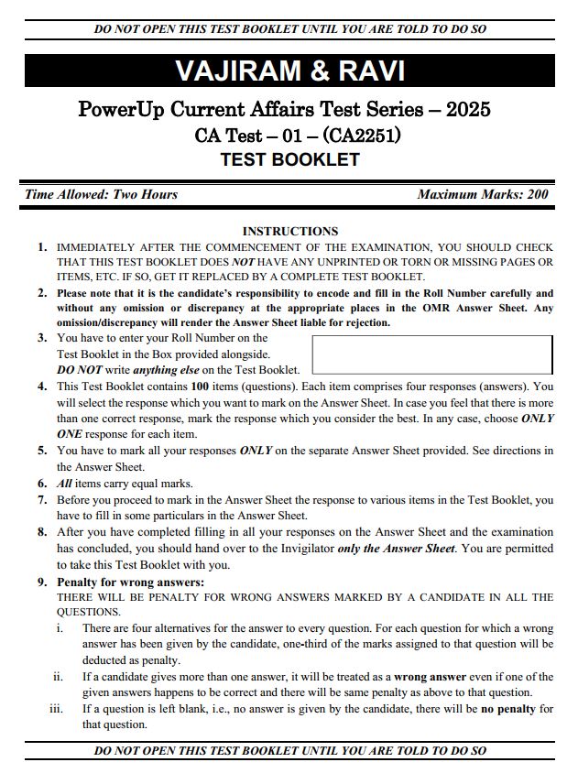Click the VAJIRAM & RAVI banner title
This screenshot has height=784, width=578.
point(289,71)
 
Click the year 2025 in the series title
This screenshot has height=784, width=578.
point(468,111)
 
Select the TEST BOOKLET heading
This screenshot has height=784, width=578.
point(289,160)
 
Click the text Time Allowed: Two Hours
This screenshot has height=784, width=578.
point(101,194)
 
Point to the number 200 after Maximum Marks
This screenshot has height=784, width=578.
point(538,194)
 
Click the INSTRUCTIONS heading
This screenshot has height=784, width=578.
point(289,232)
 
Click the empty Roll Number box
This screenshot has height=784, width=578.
point(432,354)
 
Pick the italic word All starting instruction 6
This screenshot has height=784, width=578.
point(65,483)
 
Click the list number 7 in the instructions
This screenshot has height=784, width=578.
point(42,500)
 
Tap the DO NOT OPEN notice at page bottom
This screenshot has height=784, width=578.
point(289,751)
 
